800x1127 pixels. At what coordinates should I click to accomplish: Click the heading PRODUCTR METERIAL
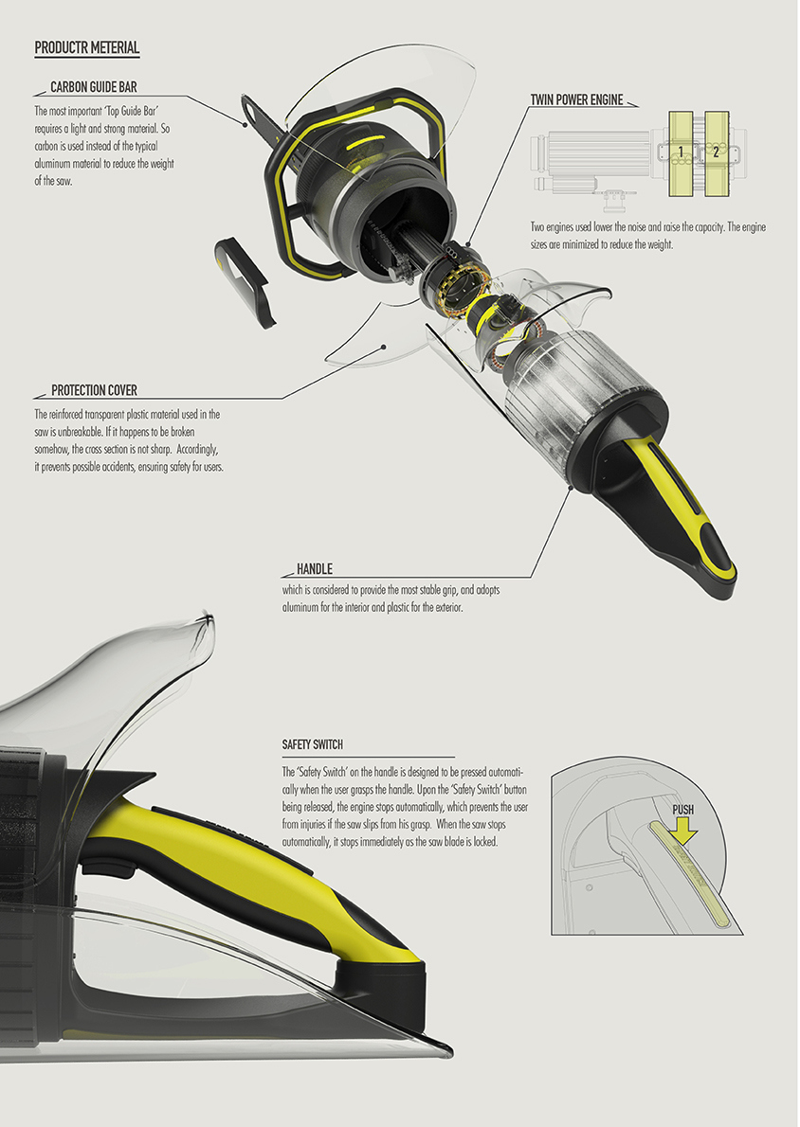point(86,47)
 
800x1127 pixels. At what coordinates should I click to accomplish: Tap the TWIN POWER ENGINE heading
point(577,98)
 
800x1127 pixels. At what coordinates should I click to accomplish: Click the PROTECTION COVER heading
point(94,390)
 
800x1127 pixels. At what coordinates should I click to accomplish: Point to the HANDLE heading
point(314,569)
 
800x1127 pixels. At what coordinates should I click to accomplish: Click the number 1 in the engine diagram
point(680,152)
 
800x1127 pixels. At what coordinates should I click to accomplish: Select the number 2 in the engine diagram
point(716,152)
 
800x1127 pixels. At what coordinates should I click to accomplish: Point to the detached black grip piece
point(247,281)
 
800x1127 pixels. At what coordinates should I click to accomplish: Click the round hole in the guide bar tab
point(250,121)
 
